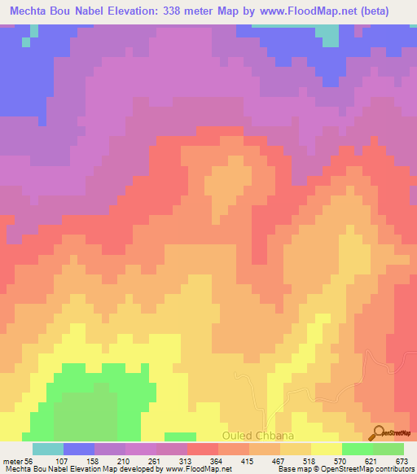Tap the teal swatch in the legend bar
coord(47,449)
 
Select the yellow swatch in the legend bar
coord(326,449)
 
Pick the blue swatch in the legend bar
coord(78,449)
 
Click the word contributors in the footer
coord(395,470)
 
